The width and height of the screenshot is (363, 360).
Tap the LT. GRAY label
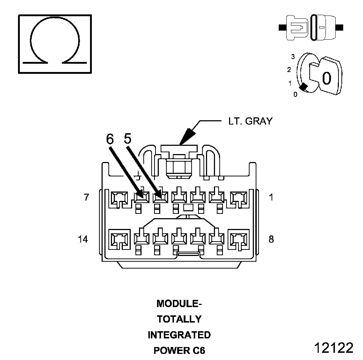[250, 121]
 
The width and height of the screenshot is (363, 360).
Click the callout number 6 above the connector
[110, 139]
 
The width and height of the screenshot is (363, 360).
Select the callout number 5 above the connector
[127, 138]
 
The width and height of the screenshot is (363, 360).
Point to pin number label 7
[86, 197]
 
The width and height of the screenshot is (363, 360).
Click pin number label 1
[271, 197]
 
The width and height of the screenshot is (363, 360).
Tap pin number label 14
[83, 239]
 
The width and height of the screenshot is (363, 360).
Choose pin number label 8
[271, 239]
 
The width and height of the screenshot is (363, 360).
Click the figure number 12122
[333, 347]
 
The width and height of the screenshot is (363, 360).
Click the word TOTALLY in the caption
[179, 319]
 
